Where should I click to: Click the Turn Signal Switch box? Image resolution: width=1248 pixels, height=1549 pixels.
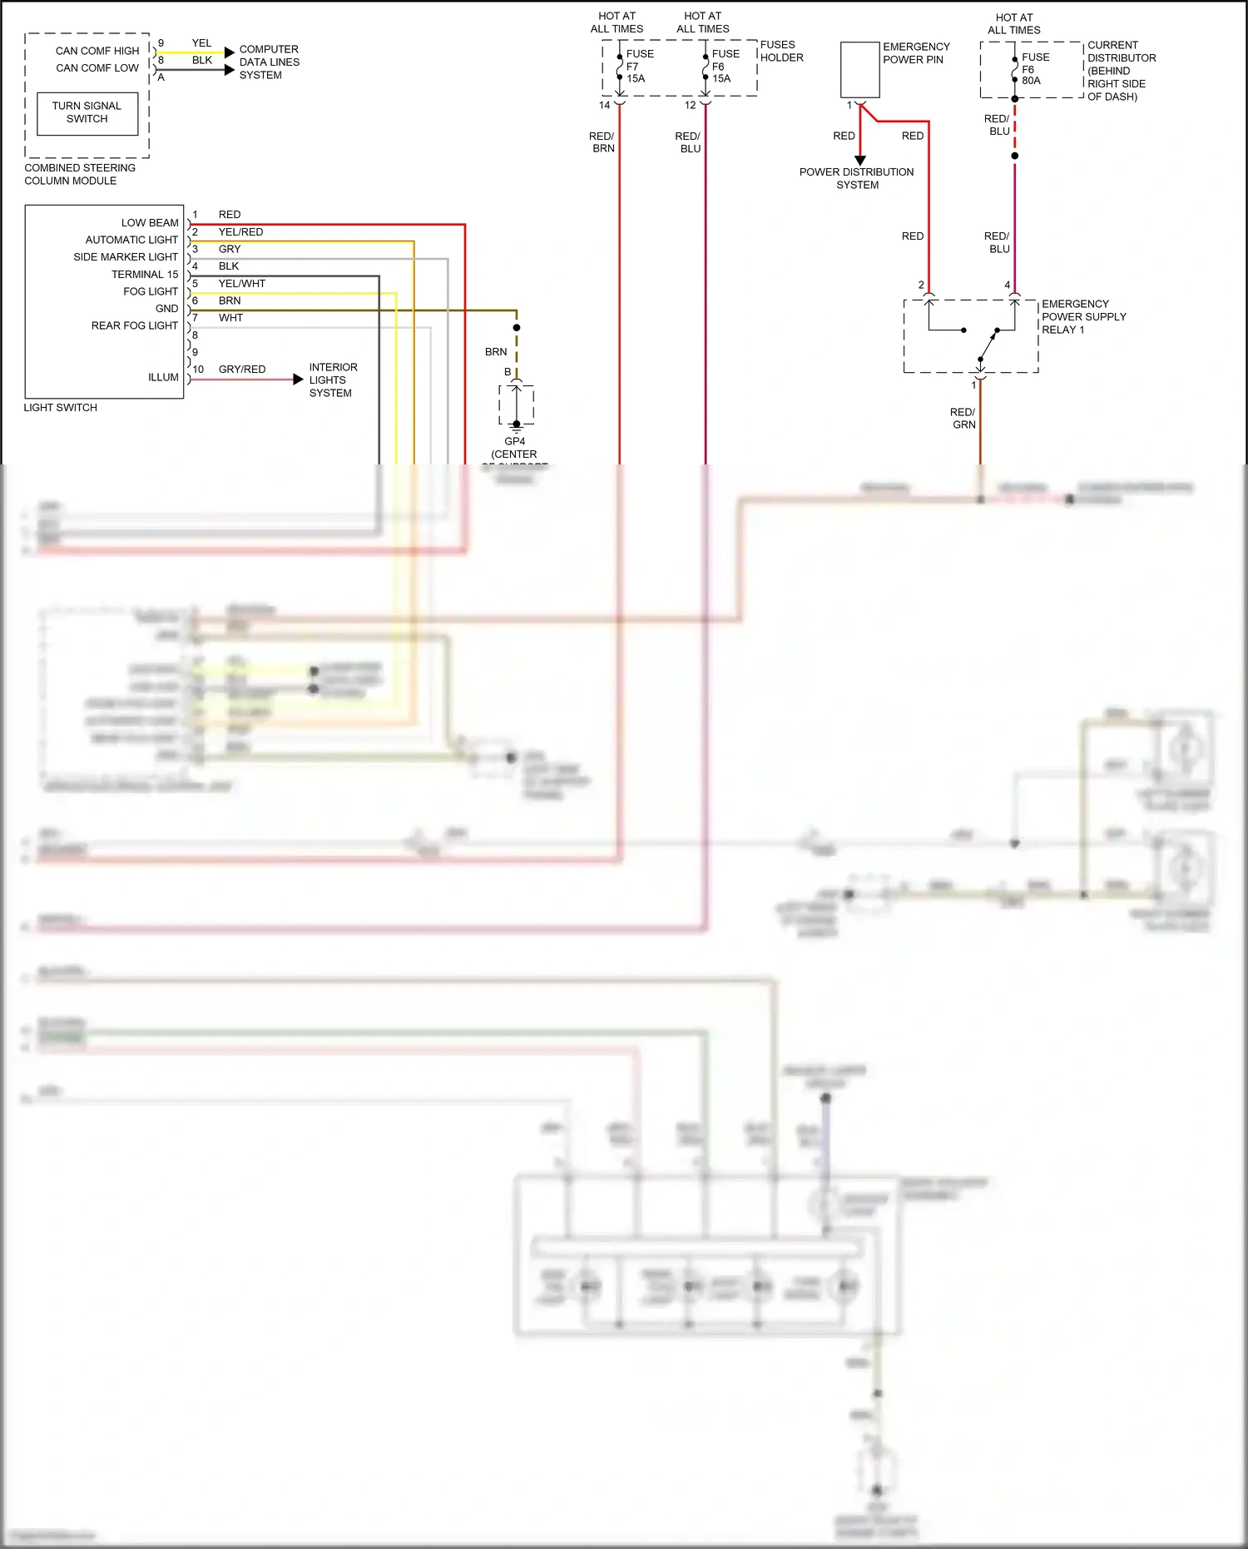coord(87,112)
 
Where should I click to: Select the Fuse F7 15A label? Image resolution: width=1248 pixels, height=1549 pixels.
coord(637,67)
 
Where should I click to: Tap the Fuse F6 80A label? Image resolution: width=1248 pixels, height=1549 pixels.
coord(1034,69)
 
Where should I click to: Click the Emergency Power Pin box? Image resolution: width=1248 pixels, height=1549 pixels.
coord(859,70)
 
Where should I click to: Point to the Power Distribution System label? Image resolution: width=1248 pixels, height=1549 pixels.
coord(856,178)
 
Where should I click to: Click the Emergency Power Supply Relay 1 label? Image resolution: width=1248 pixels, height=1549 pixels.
coord(1083,316)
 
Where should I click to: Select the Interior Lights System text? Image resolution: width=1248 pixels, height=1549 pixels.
coord(333,380)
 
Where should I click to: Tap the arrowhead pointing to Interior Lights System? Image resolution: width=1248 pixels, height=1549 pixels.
coord(298,380)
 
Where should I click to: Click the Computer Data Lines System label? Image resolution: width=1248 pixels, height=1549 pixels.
coord(269,62)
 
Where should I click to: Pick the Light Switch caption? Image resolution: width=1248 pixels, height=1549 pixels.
coord(60,407)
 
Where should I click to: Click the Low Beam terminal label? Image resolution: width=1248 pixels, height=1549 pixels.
coord(150,222)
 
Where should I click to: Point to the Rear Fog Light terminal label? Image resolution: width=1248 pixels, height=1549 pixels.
coord(135,325)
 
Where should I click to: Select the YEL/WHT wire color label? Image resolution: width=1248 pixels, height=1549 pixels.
coord(241,283)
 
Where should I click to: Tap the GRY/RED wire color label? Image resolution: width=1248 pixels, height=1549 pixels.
coord(241,369)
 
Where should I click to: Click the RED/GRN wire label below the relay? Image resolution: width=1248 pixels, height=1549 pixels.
coord(963,418)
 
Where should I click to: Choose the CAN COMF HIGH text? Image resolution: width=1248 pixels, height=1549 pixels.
coord(97,51)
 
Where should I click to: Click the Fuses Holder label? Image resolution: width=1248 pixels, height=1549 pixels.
coord(781,51)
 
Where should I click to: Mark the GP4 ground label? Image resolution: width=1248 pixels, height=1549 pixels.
coord(514,441)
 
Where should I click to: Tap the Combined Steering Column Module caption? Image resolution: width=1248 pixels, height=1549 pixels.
coord(79,174)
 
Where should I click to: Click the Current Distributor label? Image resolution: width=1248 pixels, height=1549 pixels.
coord(1121,71)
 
